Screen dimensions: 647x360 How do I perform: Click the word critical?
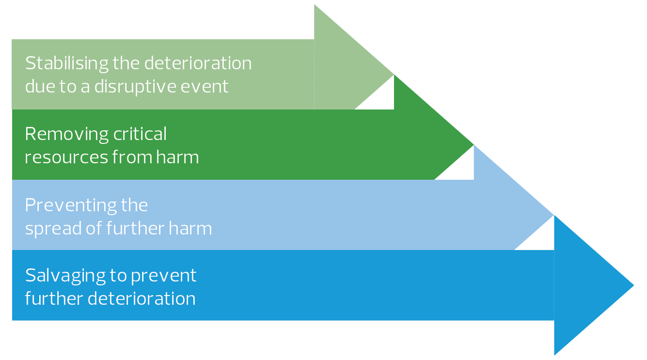tap(140, 134)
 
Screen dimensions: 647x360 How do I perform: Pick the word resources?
tap(66, 158)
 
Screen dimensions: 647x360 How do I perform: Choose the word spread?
tap(53, 229)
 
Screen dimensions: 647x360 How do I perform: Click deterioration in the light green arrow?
tap(198, 63)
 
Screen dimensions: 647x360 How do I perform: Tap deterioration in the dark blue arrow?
tap(142, 298)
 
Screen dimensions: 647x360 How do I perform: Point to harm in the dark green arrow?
tap(177, 157)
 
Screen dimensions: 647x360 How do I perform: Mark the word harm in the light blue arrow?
tap(190, 228)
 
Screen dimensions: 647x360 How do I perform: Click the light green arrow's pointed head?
tap(394, 75)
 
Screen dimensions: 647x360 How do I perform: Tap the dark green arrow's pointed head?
tap(473, 145)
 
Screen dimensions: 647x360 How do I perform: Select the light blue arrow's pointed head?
tap(553, 215)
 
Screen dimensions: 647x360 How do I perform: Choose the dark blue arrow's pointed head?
tap(633, 285)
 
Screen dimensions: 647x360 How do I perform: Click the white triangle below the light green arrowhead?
tap(381, 98)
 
